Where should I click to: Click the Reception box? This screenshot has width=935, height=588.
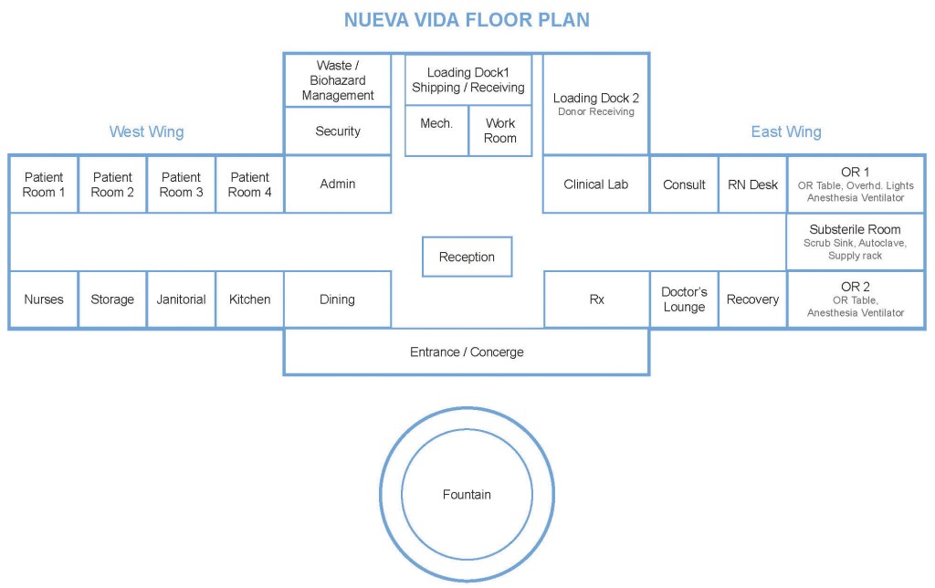pos(467,257)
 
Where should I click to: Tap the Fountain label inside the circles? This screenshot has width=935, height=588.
pos(467,495)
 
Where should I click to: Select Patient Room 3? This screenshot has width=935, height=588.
pos(181,184)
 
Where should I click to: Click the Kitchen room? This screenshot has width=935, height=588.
pos(249,299)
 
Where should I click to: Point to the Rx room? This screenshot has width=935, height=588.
pos(596,299)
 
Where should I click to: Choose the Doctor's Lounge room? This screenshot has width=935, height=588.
pos(684,299)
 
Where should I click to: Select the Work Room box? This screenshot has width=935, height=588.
pos(500,131)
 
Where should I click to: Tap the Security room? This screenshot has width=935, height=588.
pos(338,131)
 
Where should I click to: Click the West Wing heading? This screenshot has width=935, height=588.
pos(146,131)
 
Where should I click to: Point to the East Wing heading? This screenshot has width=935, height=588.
pos(786,131)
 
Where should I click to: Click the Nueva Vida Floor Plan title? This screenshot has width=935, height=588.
pos(467,19)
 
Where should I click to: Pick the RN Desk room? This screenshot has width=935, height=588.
pos(752,184)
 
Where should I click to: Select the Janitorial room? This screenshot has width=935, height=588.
pos(181,299)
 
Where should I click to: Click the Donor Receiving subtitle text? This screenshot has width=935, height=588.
pos(596,111)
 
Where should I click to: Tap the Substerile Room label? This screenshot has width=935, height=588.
pos(856,229)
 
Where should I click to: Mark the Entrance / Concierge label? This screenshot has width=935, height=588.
pos(467,352)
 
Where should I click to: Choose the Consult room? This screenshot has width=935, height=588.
pos(684,184)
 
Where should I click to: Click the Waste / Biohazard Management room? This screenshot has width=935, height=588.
pos(338,80)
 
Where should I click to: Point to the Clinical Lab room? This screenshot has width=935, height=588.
pos(596,184)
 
